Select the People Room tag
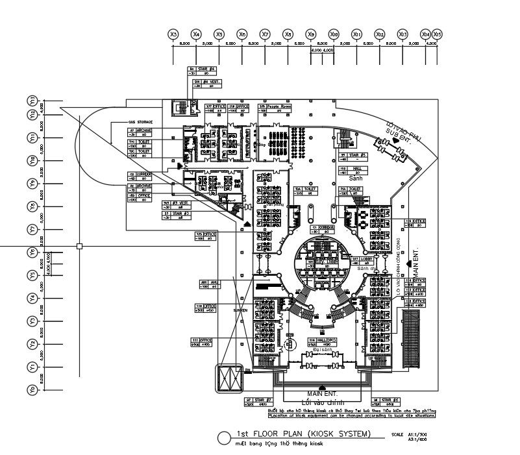coord(271,106)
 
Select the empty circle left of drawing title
coord(224,437)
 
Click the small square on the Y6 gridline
coord(79,246)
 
